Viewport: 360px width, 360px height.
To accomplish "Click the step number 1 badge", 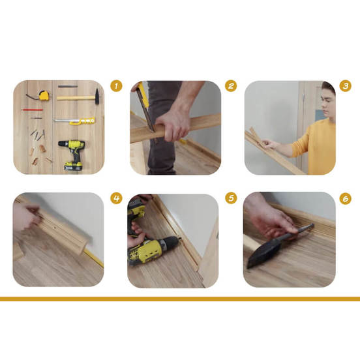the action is [116, 86].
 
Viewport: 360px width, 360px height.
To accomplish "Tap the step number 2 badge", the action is [231, 86].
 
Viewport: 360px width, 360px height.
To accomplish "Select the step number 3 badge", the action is [345, 86].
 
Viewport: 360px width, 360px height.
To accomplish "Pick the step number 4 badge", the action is [116, 198].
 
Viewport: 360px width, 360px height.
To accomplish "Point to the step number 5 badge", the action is [231, 198].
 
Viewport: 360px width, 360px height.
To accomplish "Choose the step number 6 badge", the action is [345, 199].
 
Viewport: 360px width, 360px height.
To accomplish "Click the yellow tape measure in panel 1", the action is [44, 95].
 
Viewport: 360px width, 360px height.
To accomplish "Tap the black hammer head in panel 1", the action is [97, 97].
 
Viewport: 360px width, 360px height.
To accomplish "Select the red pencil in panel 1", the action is [33, 110].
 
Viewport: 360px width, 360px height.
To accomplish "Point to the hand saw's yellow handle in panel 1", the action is [83, 121].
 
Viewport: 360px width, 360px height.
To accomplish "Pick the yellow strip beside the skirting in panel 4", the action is [94, 258].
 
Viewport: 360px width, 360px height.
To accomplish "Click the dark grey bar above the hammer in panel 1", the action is [68, 86].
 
